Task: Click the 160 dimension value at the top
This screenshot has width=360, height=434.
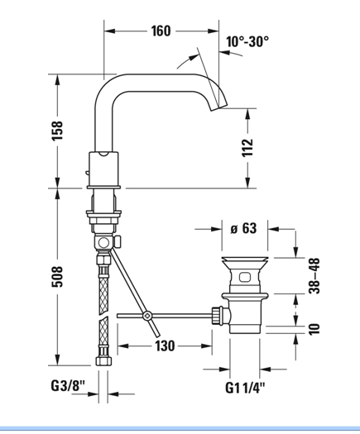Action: click(161, 31)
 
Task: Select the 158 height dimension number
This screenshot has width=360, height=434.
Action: click(58, 131)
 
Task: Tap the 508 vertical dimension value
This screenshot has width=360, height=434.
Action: click(58, 276)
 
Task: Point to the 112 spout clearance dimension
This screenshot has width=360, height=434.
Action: click(247, 147)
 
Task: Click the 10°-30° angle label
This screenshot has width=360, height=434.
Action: click(247, 42)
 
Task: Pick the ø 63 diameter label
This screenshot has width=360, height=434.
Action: click(243, 228)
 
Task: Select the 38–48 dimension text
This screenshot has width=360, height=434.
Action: click(314, 275)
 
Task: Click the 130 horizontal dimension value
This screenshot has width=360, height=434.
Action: click(165, 346)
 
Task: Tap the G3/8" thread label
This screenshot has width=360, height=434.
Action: click(68, 385)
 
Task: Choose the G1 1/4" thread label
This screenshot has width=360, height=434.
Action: click(245, 388)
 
